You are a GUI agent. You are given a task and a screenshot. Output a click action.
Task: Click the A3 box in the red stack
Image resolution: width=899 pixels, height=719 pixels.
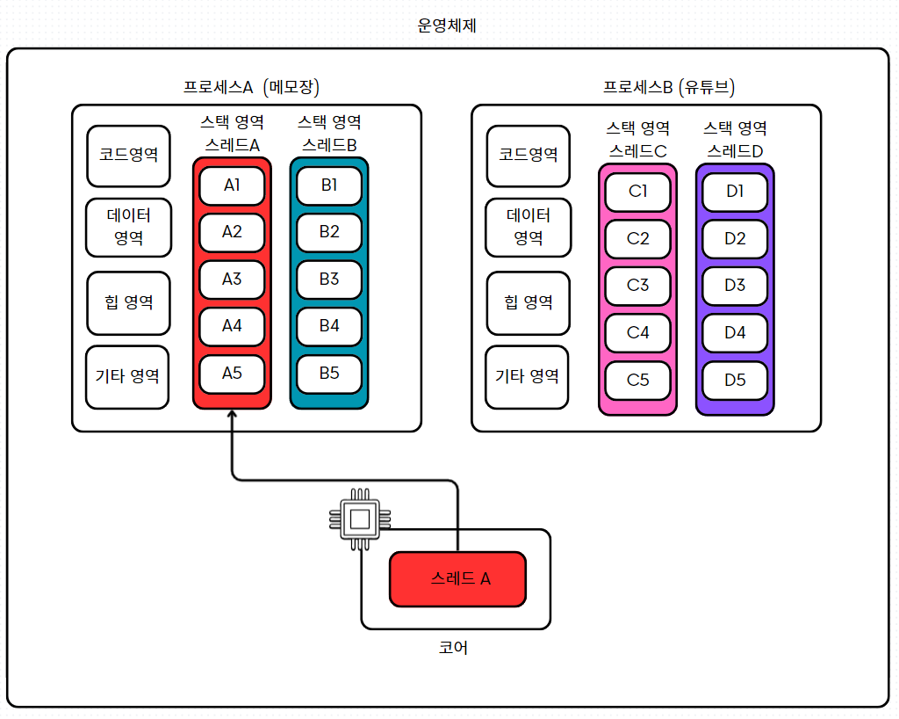232,280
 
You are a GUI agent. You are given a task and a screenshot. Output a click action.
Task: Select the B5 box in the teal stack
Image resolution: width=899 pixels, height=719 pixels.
329,373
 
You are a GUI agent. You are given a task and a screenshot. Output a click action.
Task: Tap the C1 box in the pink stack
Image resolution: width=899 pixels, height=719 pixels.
638,192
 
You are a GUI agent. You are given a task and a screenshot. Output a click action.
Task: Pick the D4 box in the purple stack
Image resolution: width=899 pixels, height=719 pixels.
735,333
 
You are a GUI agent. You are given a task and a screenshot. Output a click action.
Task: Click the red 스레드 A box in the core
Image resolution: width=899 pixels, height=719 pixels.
457,578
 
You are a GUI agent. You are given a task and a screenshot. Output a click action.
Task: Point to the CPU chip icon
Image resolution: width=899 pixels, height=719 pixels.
358,519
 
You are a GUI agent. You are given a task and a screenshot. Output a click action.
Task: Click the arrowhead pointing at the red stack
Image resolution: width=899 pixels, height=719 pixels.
232,417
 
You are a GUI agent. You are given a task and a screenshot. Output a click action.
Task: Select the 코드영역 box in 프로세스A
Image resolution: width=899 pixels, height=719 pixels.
128,156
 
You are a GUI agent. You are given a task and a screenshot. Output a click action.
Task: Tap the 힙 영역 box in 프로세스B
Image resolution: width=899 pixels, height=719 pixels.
528,303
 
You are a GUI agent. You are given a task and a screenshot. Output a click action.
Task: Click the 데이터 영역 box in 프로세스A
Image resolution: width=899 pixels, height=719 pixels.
128,228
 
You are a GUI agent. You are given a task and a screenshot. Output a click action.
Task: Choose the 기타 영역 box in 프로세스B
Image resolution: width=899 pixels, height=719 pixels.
528,376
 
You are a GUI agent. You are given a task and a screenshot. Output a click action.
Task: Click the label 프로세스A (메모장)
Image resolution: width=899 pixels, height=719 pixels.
251,87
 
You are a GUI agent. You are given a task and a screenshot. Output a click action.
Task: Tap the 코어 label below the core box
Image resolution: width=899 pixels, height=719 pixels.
453,649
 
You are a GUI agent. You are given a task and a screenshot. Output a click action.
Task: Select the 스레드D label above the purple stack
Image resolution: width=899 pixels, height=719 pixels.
735,150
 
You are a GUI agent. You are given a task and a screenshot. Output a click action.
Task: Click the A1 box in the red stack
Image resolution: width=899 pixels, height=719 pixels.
232,185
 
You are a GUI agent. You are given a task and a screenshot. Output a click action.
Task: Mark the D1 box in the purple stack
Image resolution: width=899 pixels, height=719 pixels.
735,192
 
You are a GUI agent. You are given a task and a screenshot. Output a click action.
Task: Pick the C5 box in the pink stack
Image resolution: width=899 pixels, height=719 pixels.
638,381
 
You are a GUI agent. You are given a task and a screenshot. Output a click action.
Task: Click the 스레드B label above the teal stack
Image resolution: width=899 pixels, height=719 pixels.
329,145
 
